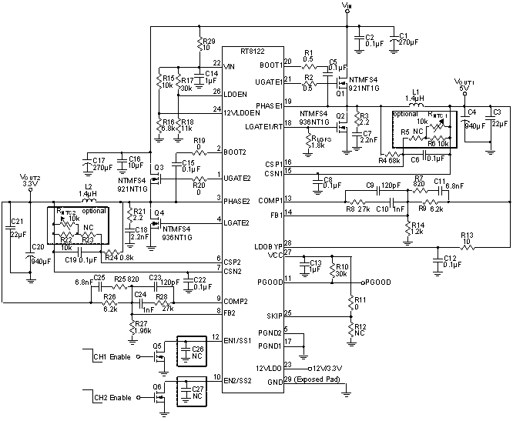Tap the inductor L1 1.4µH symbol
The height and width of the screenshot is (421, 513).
point(418,105)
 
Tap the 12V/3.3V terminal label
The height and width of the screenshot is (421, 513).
point(329,366)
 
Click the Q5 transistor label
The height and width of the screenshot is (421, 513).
point(157,347)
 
